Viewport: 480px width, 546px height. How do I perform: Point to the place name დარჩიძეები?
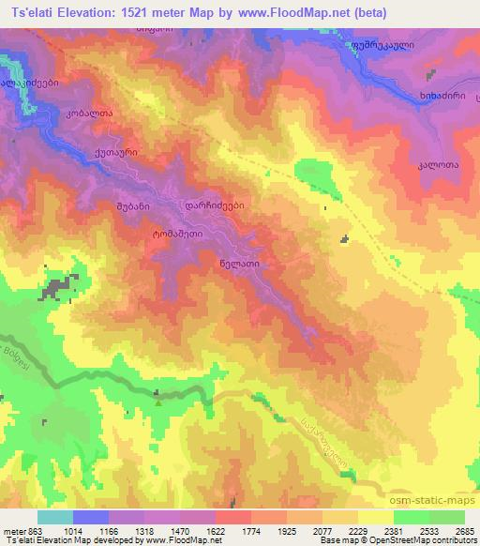[215, 203]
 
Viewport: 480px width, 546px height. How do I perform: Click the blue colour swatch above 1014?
[91, 517]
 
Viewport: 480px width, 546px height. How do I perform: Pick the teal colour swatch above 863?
[55, 517]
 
